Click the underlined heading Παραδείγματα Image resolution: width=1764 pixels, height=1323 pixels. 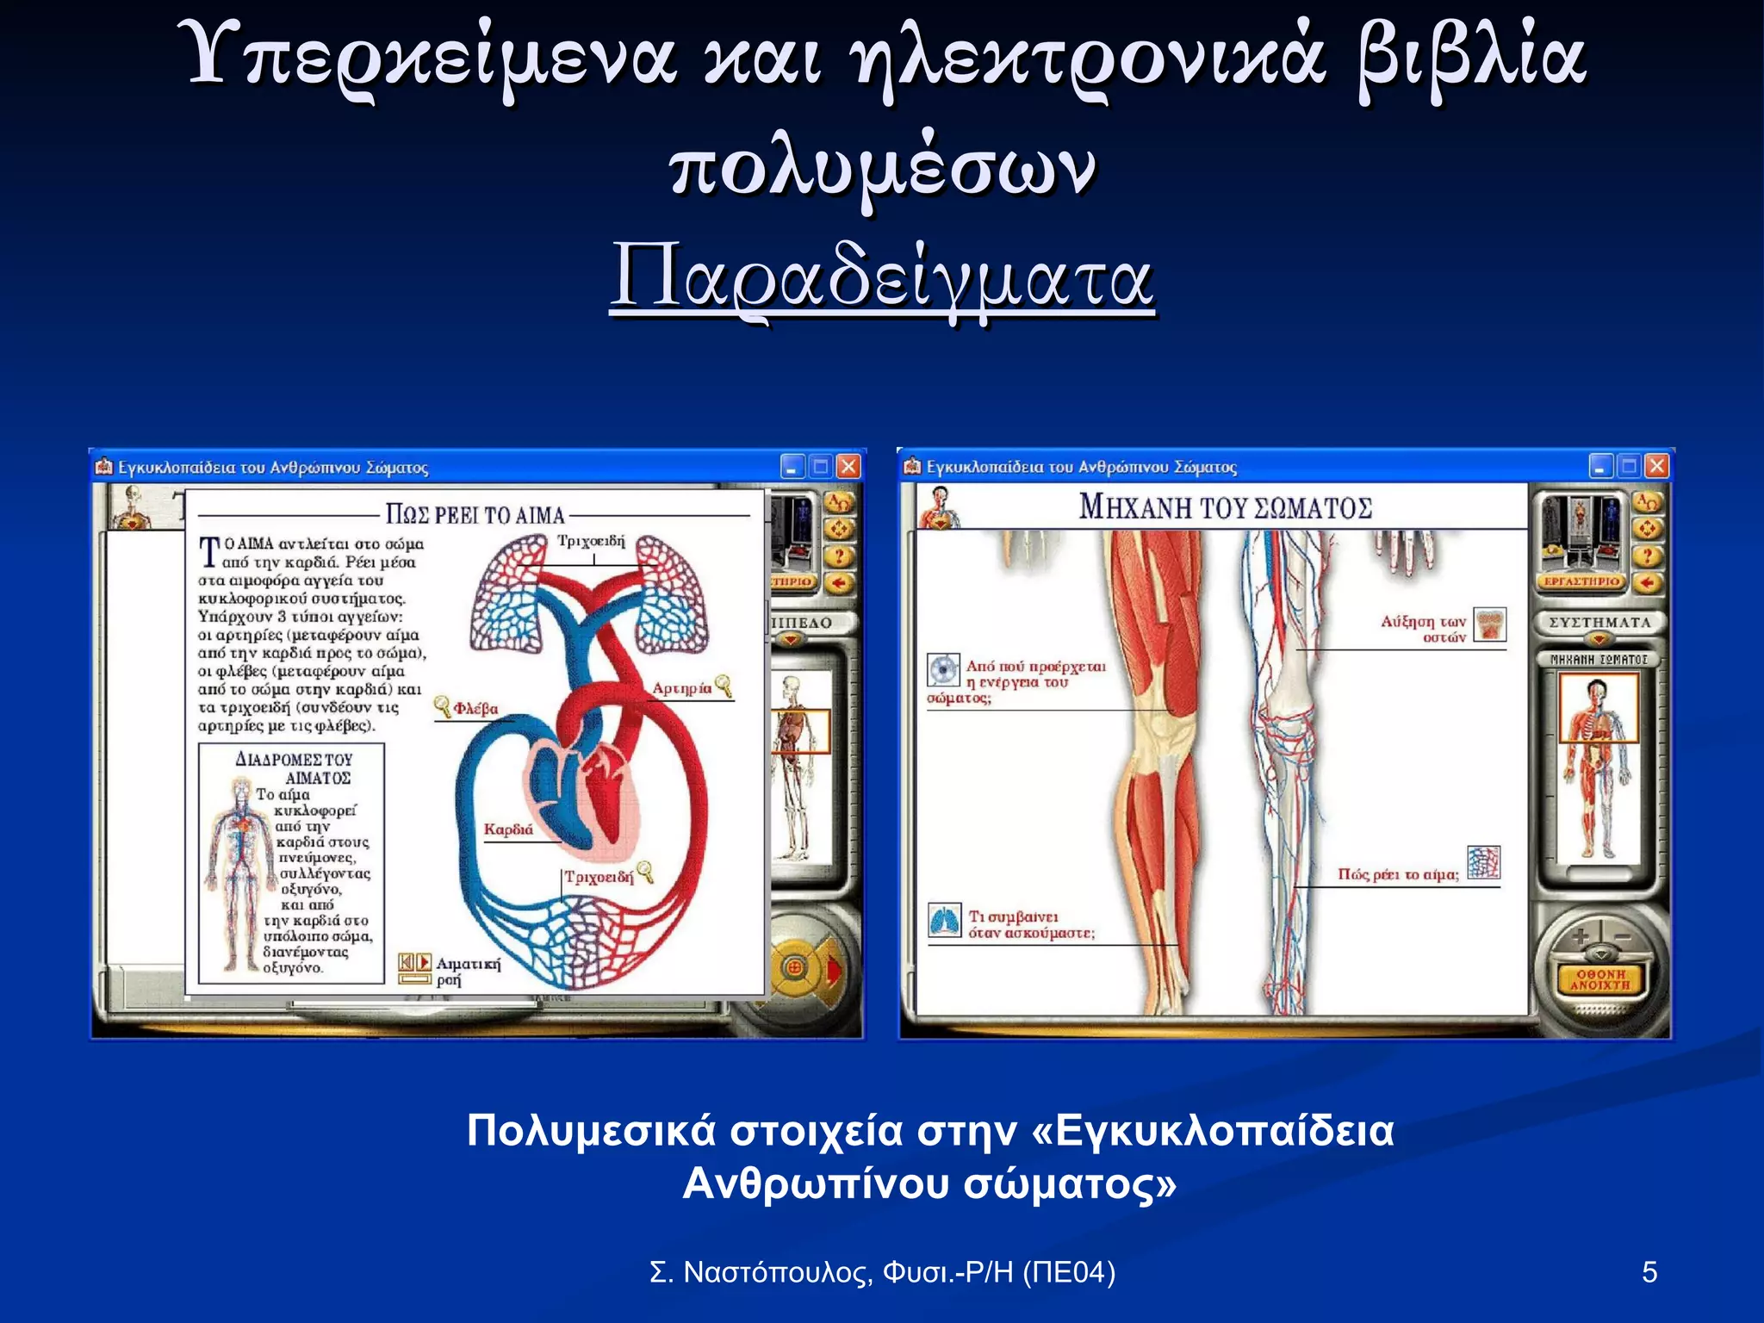(x=881, y=280)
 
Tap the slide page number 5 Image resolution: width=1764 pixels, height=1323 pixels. (x=1649, y=1272)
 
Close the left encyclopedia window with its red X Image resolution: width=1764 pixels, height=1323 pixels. (x=848, y=467)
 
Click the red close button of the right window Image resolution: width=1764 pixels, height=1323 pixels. (x=1656, y=467)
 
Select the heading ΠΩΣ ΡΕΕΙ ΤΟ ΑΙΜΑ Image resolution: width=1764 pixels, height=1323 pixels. (x=475, y=515)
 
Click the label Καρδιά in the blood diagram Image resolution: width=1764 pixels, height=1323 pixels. (x=508, y=829)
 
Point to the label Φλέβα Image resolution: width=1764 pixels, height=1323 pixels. (x=475, y=709)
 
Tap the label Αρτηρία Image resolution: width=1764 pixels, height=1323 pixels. (x=681, y=688)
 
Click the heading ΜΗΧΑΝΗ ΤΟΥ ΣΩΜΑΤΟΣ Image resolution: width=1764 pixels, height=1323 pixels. (x=1225, y=507)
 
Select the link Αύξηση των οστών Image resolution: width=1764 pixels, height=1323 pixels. (x=1423, y=629)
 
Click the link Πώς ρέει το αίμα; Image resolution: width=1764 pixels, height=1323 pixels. (x=1398, y=874)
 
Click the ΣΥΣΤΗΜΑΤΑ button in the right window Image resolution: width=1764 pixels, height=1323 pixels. (x=1599, y=622)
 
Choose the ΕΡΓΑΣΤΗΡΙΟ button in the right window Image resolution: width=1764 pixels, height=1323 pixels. (x=1581, y=581)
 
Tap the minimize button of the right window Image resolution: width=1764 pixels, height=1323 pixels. (x=1600, y=467)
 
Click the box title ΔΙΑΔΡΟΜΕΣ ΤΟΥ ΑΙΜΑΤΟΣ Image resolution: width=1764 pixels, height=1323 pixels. (x=295, y=768)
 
